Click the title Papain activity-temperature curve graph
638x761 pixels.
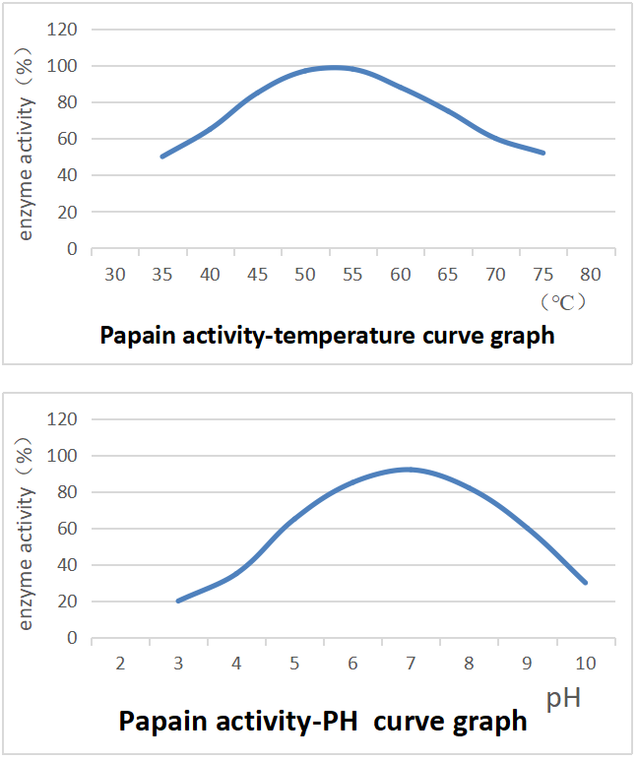pyautogui.click(x=327, y=335)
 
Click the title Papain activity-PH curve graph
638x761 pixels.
pyautogui.click(x=323, y=722)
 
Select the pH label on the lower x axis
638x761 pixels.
pyautogui.click(x=563, y=699)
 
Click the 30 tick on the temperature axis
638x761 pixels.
pyautogui.click(x=115, y=274)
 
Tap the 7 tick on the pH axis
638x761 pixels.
pyautogui.click(x=412, y=664)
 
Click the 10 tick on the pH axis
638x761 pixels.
pyautogui.click(x=587, y=664)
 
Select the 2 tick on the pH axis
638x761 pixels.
pyautogui.click(x=120, y=664)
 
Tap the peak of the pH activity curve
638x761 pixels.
pyautogui.click(x=408, y=469)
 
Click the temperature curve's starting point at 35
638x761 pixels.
pyautogui.click(x=162, y=156)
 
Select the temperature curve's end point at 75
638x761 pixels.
pyautogui.click(x=543, y=153)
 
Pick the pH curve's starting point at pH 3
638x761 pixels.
pyautogui.click(x=178, y=601)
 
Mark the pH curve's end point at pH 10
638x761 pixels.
pyautogui.click(x=586, y=583)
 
